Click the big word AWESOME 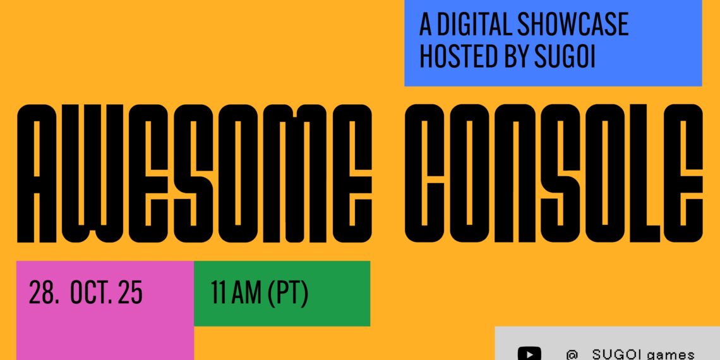click(195, 173)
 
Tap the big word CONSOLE click(554, 173)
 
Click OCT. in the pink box click(90, 293)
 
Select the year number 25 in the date click(130, 293)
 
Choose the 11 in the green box click(218, 293)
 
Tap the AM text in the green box click(246, 293)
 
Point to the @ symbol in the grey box click(572, 354)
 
